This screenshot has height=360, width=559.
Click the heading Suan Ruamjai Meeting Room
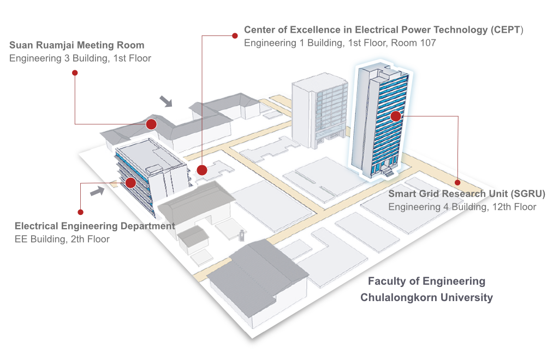(x=76, y=45)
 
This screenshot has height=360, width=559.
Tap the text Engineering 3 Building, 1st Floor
(x=80, y=58)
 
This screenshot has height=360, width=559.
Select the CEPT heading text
(x=384, y=30)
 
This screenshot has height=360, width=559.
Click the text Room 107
(x=414, y=43)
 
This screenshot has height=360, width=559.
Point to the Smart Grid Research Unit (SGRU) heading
(x=467, y=194)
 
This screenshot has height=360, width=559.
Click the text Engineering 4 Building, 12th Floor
(x=462, y=207)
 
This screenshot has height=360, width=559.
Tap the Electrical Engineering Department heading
(x=95, y=226)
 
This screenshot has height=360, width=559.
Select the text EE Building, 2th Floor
(x=62, y=239)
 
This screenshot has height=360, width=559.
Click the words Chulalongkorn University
(x=426, y=297)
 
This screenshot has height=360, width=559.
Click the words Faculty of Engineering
(x=426, y=281)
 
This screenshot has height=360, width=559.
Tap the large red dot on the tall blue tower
(x=396, y=116)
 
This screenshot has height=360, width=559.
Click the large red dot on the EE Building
(x=130, y=183)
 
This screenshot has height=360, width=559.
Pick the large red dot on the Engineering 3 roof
(x=151, y=124)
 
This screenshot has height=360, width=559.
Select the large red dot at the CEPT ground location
(x=202, y=170)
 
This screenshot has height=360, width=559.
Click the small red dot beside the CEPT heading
(x=235, y=35)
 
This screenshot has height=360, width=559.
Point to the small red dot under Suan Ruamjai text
(x=75, y=73)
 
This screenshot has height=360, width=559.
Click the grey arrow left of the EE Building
(x=97, y=191)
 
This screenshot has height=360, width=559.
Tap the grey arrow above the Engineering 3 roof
(x=166, y=101)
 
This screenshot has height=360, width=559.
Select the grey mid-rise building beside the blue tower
(x=319, y=110)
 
